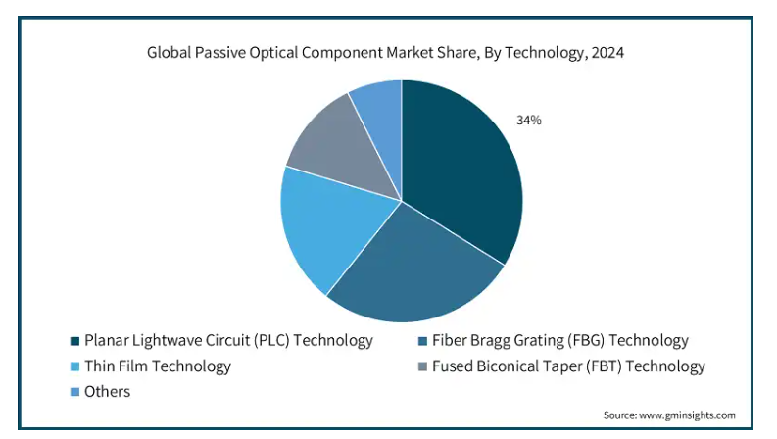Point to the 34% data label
529,121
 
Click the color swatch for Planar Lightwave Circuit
74,341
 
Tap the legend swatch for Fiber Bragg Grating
422,341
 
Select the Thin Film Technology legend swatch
74,366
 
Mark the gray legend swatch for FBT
422,366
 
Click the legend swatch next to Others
74,392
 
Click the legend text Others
107,391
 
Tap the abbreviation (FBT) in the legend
604,366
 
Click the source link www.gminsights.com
687,415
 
